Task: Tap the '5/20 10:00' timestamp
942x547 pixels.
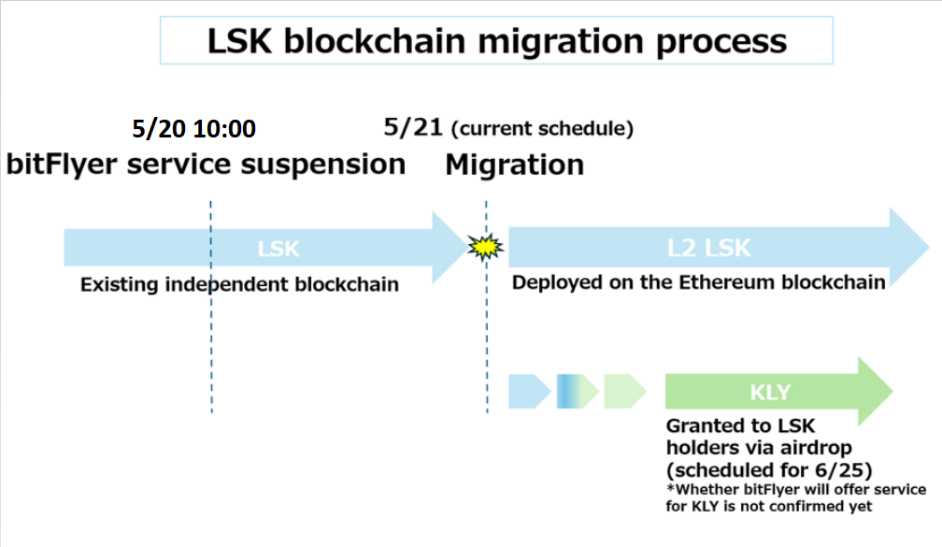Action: [x=193, y=129]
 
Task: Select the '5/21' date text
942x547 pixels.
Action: [x=412, y=127]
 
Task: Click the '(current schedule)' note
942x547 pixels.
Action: [x=542, y=129]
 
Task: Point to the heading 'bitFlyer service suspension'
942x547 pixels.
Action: [x=206, y=165]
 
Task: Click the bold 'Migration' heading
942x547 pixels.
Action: [x=514, y=166]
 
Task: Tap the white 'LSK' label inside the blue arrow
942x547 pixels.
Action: [x=278, y=250]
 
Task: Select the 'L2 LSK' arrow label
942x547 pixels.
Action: [x=708, y=249]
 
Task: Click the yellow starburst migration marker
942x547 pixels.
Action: [x=485, y=248]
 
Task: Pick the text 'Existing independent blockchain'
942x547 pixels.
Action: [x=239, y=284]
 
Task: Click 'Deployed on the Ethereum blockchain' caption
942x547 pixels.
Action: [x=698, y=282]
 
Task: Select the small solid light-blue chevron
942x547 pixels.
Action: [x=528, y=391]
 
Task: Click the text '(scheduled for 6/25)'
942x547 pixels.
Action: [x=768, y=468]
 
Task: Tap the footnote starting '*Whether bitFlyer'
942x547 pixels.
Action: [x=795, y=498]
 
